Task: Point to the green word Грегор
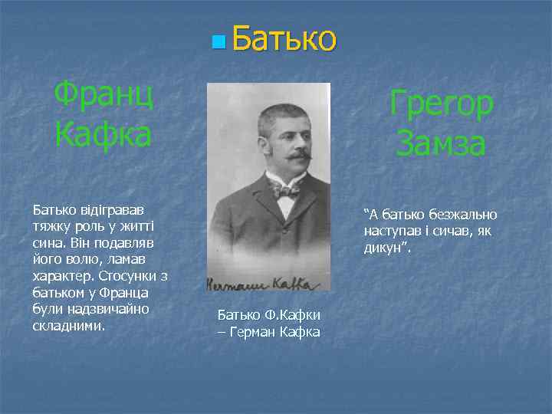[441, 105]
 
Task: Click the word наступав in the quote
[392, 231]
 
